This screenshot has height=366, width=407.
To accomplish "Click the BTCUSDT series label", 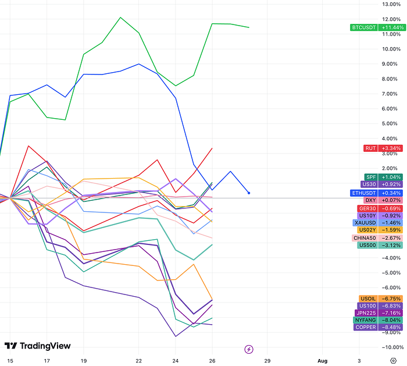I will (364, 27).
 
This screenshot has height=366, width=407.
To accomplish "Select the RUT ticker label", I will (370, 148).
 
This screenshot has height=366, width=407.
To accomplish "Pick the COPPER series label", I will (366, 327).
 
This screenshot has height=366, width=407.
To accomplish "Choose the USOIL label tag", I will (367, 299).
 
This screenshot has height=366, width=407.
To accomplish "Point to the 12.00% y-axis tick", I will (390, 4).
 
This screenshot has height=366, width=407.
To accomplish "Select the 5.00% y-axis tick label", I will (390, 123).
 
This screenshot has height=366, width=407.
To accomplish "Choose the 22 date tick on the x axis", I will (138, 360).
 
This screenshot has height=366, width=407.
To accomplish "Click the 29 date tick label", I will (267, 360).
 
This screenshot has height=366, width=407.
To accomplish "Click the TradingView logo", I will (37, 346).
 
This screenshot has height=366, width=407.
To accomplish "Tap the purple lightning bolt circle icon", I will (249, 349).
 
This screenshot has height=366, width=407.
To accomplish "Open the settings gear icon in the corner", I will (393, 360).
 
